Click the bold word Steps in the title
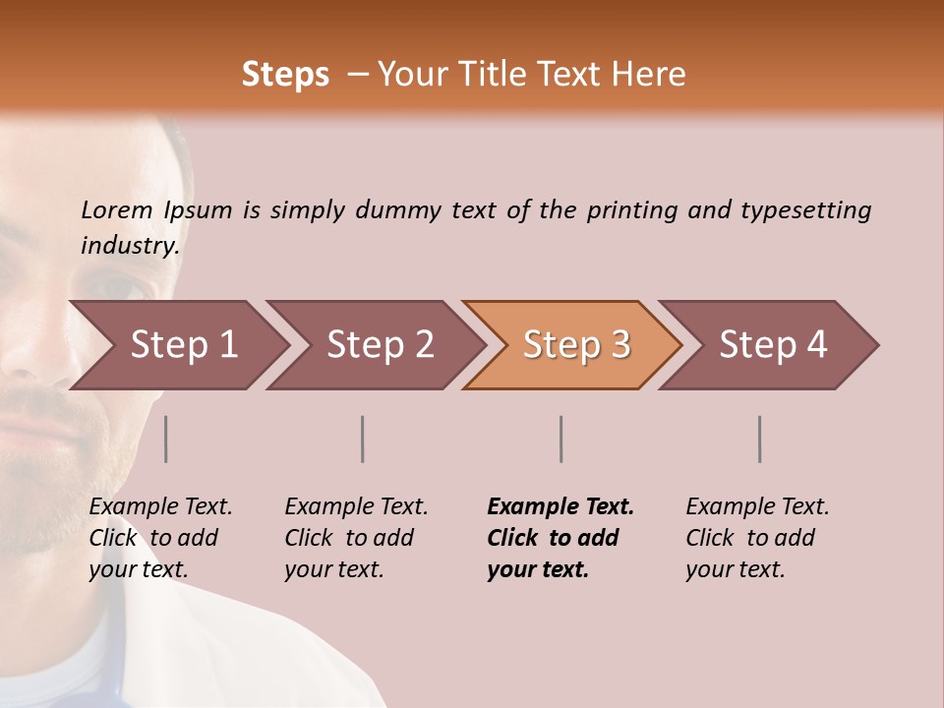click(285, 75)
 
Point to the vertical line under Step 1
click(166, 439)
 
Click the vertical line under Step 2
click(363, 439)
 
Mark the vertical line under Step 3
click(561, 439)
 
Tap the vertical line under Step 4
click(760, 439)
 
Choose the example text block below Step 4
click(757, 538)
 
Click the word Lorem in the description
click(117, 210)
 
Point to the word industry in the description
click(130, 246)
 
